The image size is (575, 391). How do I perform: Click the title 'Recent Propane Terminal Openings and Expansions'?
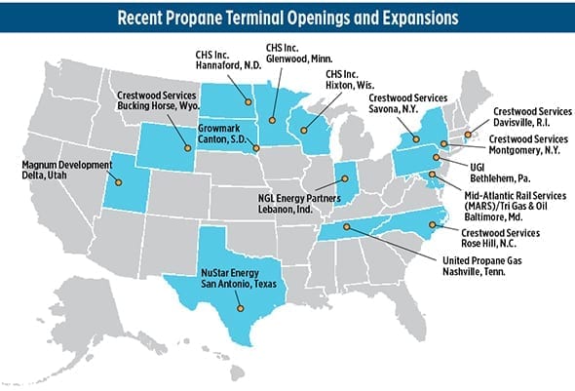287,17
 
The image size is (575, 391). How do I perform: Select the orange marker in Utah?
118,182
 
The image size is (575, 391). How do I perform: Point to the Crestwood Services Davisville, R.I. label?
526,118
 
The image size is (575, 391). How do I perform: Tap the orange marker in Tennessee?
347,227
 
